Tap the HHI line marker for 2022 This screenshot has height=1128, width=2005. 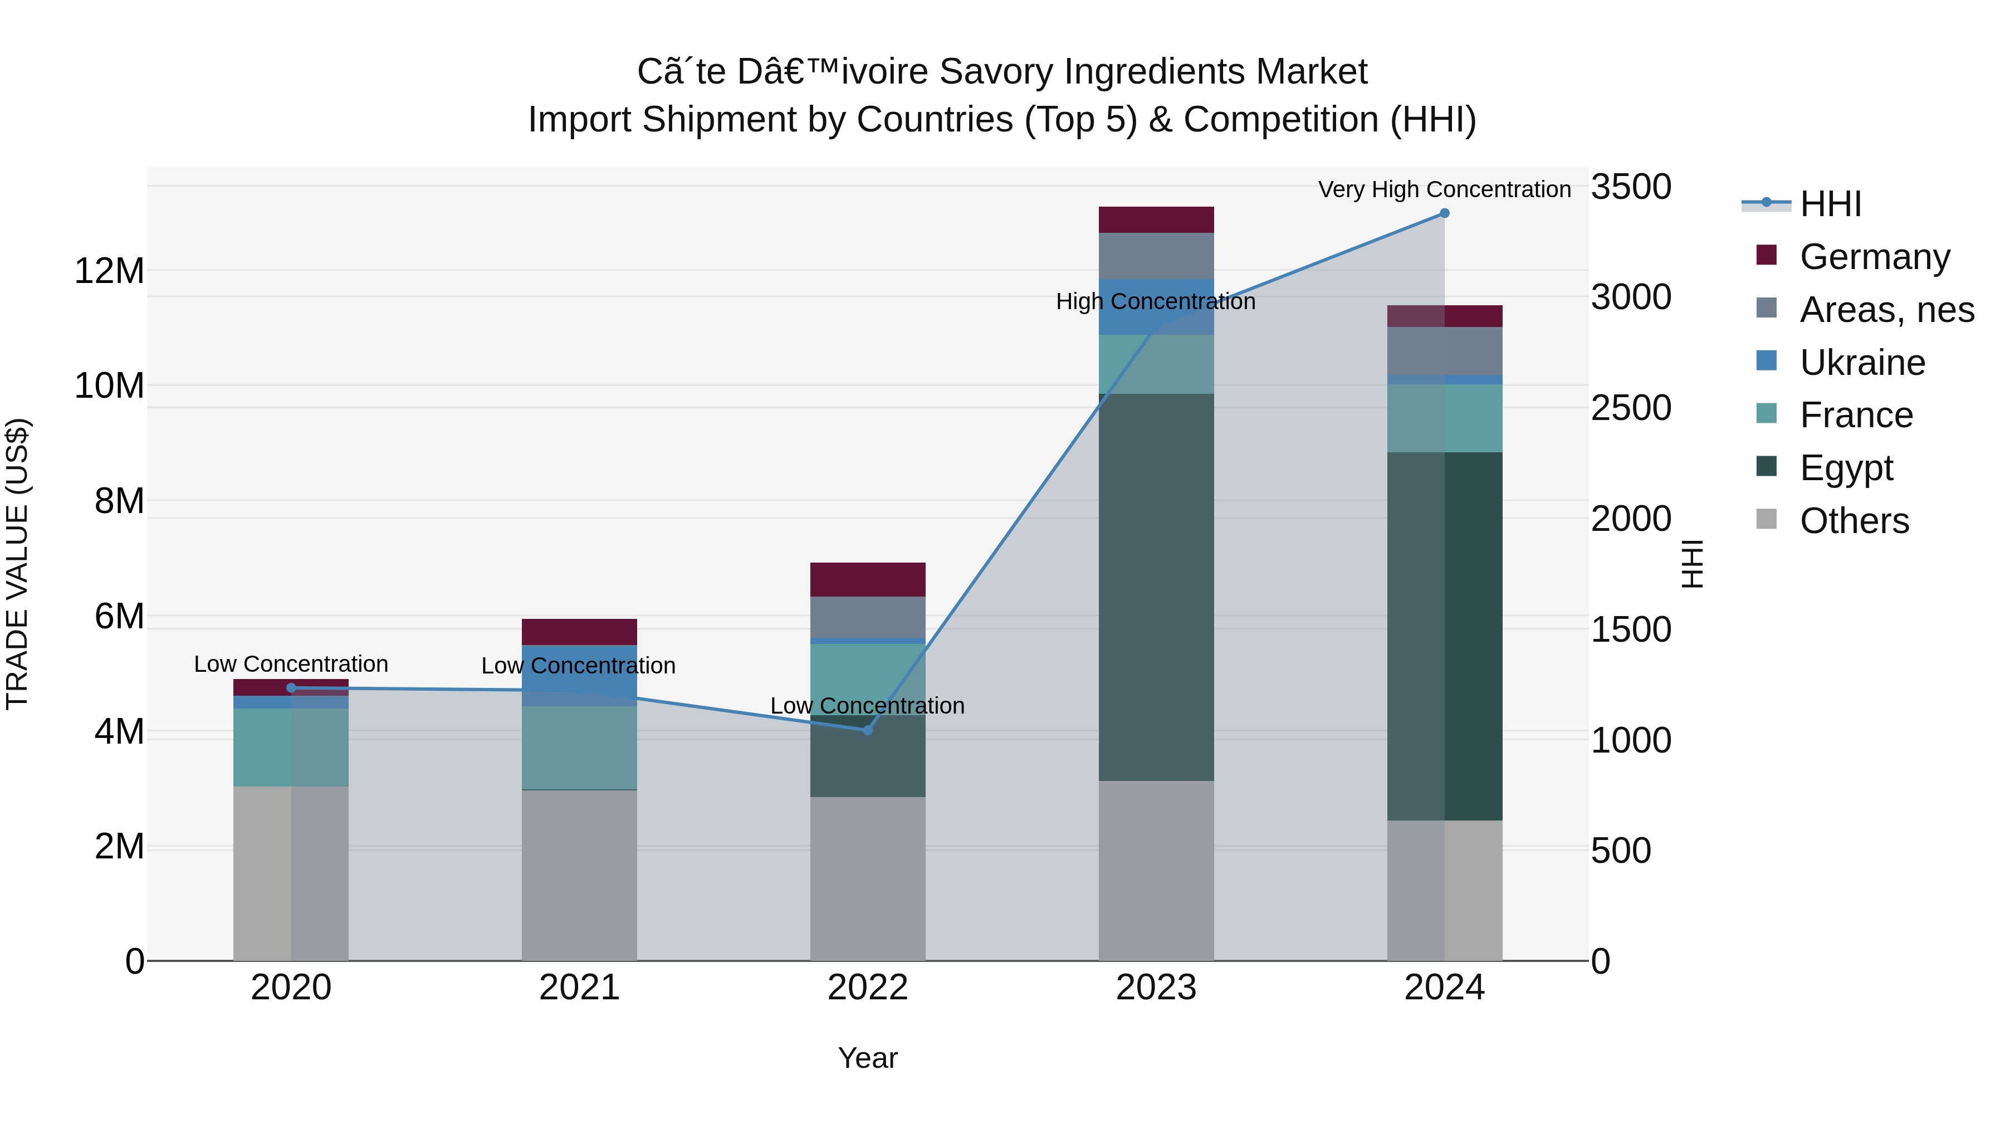pyautogui.click(x=868, y=730)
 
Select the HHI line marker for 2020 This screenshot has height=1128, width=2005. pyautogui.click(x=291, y=688)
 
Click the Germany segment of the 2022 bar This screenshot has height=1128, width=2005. pyautogui.click(x=868, y=580)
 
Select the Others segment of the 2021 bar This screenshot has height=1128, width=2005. pyautogui.click(x=579, y=875)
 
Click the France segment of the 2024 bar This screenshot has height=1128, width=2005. pyautogui.click(x=1445, y=418)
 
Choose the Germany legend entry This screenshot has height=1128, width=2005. pyautogui.click(x=1874, y=257)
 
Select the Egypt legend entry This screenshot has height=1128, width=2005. pyautogui.click(x=1846, y=468)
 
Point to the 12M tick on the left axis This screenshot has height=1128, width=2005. pyautogui.click(x=109, y=271)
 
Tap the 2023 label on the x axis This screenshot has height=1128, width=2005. pyautogui.click(x=1156, y=988)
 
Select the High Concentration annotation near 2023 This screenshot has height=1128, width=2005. pyautogui.click(x=1155, y=301)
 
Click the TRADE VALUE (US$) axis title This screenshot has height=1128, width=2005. pyautogui.click(x=17, y=564)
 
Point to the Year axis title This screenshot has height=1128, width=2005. pyautogui.click(x=867, y=1058)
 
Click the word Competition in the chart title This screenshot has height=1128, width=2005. pyautogui.click(x=1281, y=120)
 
